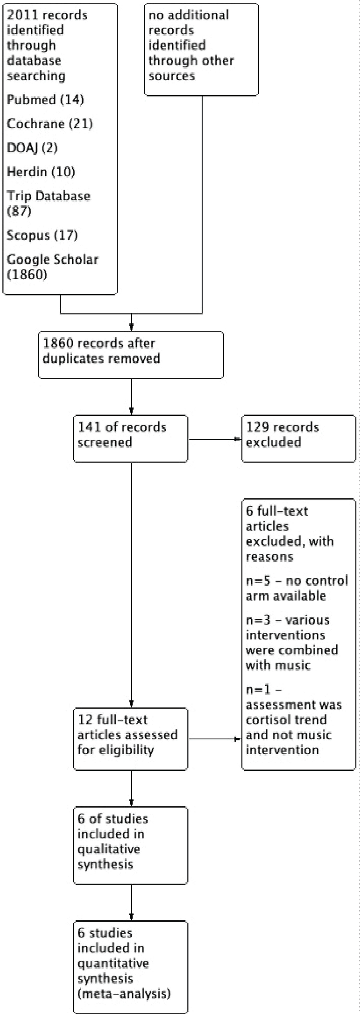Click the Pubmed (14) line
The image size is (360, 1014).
46,100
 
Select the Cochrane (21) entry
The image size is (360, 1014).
50,124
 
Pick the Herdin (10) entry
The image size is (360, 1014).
41,172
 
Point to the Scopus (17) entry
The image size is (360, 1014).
42,235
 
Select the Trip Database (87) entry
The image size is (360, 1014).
49,203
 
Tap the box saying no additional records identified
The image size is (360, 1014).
201,50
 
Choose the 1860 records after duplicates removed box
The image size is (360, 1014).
131,355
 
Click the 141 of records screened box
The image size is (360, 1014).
131,438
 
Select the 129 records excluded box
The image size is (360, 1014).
299,438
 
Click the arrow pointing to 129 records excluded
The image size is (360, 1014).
215,439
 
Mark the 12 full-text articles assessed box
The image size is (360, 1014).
131,739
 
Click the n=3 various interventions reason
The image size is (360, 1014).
292,642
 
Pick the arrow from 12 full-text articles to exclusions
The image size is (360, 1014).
215,739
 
